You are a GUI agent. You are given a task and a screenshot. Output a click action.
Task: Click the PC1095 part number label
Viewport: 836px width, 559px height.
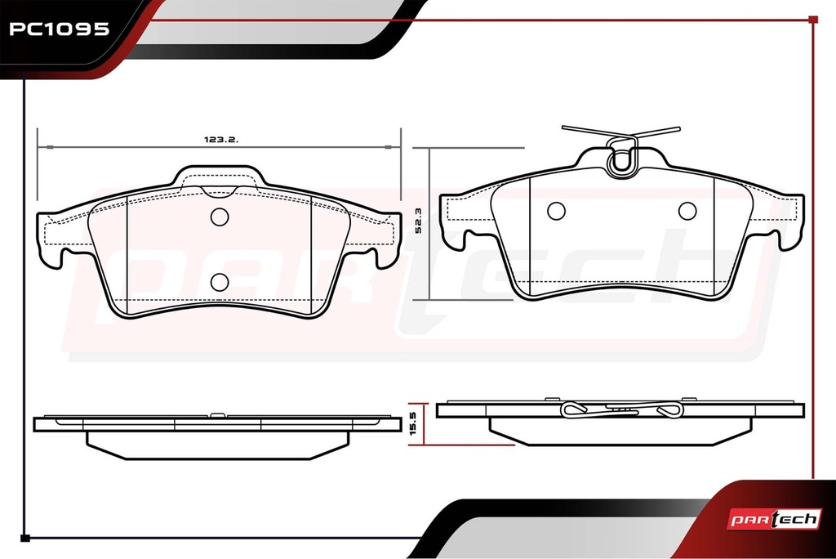(x=59, y=29)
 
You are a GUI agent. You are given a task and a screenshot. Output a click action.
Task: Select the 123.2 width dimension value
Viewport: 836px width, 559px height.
(x=220, y=140)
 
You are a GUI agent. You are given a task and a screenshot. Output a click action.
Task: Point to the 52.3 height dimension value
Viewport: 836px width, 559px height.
(x=418, y=221)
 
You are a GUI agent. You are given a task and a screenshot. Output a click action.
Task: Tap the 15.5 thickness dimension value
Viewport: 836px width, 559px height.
(x=413, y=423)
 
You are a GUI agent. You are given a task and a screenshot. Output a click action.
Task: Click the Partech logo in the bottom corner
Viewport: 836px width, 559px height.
(x=774, y=519)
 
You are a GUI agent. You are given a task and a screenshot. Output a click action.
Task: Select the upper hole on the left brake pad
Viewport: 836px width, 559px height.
(x=220, y=217)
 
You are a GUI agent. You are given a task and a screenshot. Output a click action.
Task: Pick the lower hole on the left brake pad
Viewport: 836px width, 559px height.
(x=220, y=282)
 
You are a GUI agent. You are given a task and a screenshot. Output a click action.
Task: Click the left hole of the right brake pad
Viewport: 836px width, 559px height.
(x=556, y=211)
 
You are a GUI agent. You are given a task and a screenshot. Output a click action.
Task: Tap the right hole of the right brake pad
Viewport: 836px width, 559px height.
(x=687, y=211)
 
